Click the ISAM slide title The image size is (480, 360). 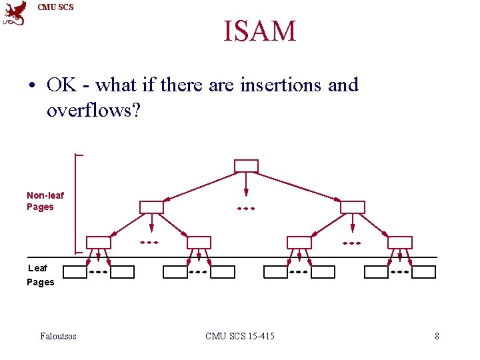(x=259, y=31)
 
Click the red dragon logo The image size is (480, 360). (x=15, y=13)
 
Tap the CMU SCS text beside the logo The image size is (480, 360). (x=56, y=7)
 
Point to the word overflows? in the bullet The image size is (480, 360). (x=93, y=110)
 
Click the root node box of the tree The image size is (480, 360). (x=247, y=166)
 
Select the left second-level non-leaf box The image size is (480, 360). (x=151, y=207)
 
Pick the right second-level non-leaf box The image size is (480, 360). (x=353, y=207)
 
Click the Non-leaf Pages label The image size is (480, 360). (x=45, y=201)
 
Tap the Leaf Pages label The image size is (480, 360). (x=40, y=275)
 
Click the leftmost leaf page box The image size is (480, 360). (x=74, y=272)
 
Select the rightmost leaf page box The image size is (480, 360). (x=423, y=272)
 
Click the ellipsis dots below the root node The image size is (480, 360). (x=247, y=209)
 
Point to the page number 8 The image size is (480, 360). (x=437, y=336)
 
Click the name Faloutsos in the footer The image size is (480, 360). (x=58, y=336)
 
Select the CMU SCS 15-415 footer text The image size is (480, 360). (x=240, y=336)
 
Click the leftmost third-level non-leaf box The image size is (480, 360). (x=99, y=243)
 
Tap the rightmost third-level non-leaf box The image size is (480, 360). (x=400, y=243)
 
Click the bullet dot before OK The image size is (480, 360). (x=32, y=86)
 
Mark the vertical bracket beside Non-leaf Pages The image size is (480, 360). (x=77, y=203)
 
